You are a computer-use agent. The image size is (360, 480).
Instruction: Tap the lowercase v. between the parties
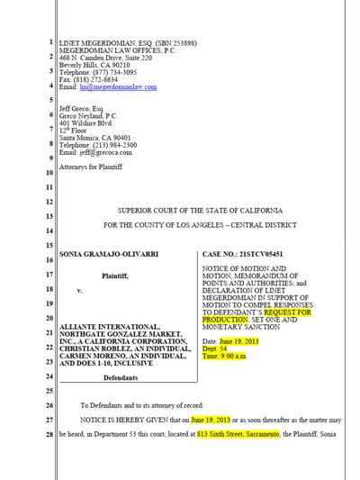79,292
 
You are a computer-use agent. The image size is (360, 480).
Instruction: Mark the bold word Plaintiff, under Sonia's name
114,275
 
